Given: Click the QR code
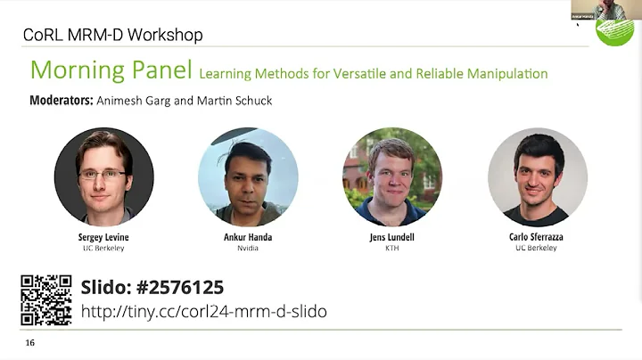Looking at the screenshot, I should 46,300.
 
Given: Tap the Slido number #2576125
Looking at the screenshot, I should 152,288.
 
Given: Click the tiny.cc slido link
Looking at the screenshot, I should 203,311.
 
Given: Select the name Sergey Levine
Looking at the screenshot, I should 103,237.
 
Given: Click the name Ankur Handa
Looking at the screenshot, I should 248,237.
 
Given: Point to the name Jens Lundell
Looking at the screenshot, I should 392,237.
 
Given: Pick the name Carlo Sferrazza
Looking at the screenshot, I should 537,237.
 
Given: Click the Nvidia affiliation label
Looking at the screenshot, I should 248,248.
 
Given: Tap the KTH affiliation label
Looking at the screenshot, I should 392,248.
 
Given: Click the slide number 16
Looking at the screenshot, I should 30,343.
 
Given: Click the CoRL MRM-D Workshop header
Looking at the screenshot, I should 112,35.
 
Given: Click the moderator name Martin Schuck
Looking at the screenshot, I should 242,101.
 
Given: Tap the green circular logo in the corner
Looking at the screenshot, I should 614,30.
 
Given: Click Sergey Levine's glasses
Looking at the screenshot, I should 103,175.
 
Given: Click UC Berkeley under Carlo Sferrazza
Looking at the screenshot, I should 537,248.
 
